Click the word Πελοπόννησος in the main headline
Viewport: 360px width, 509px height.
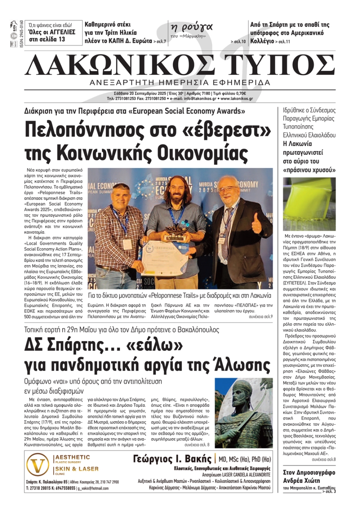[x=92, y=130]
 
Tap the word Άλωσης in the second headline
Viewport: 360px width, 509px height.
[x=237, y=365]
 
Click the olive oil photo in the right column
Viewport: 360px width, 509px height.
[x=309, y=204]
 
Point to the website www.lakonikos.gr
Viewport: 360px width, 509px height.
[x=237, y=99]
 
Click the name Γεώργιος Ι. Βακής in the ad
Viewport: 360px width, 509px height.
[x=172, y=459]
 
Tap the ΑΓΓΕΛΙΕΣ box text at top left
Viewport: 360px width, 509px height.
[x=52, y=32]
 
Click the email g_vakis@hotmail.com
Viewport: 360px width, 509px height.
[x=93, y=488]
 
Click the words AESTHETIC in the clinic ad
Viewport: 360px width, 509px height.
[x=72, y=457]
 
